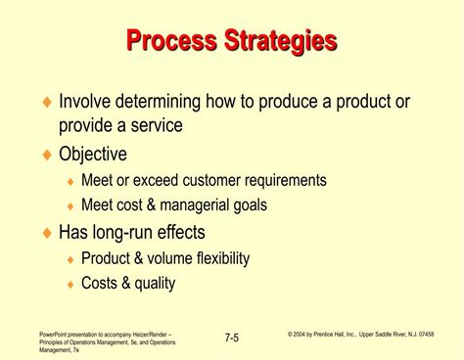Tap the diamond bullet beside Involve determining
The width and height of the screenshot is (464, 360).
pyautogui.click(x=46, y=103)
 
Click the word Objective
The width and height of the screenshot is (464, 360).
pyautogui.click(x=93, y=154)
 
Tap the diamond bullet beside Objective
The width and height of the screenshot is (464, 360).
pyautogui.click(x=46, y=155)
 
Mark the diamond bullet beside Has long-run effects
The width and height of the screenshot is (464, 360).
pyautogui.click(x=46, y=233)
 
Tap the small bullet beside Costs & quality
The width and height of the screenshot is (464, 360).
pyautogui.click(x=70, y=285)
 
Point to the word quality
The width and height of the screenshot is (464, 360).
pyautogui.click(x=155, y=285)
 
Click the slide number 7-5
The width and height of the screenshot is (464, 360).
pyautogui.click(x=231, y=337)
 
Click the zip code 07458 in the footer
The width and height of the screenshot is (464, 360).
pyautogui.click(x=447, y=334)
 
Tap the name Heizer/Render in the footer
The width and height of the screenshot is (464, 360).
pyautogui.click(x=150, y=334)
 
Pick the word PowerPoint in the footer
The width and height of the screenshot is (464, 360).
pyautogui.click(x=44, y=334)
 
